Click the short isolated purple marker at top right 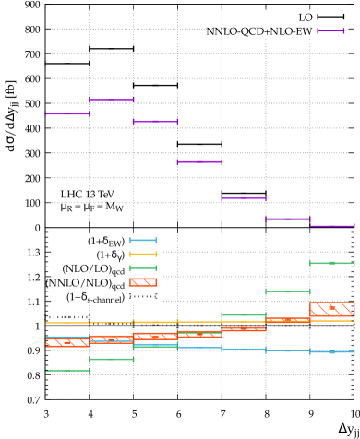(x=330, y=30)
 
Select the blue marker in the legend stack (x=143, y=240)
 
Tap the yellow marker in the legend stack (x=143, y=254)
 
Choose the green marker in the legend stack (x=143, y=267)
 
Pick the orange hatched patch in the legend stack (x=143, y=282)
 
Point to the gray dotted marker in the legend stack (x=143, y=296)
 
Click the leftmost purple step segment (x=67, y=113)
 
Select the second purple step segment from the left (x=112, y=99)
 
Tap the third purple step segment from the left (x=155, y=121)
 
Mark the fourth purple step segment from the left (x=199, y=161)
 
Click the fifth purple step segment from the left (x=244, y=197)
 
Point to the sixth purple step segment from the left (x=288, y=219)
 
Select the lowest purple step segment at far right (x=332, y=225)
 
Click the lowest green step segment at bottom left (x=67, y=370)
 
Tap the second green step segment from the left (x=112, y=359)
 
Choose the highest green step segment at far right (x=332, y=263)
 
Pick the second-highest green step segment (x=288, y=291)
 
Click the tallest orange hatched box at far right (x=332, y=309)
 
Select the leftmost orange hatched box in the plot (x=67, y=342)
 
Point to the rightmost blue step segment (x=332, y=351)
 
